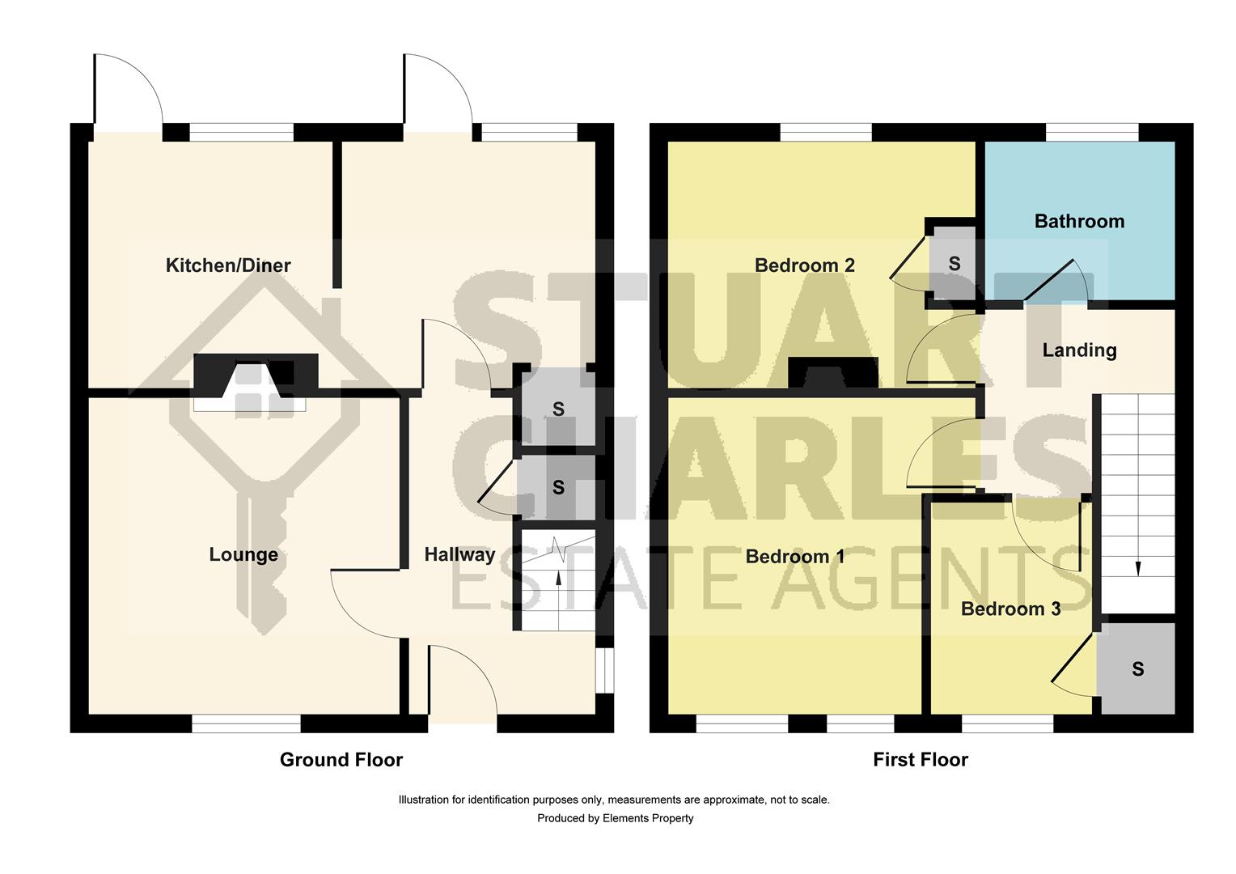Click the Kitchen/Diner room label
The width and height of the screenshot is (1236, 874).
(x=227, y=265)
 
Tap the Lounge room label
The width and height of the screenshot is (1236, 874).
(x=243, y=554)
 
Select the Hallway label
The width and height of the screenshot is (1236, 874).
(x=459, y=554)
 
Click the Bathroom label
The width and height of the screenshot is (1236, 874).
(x=1079, y=221)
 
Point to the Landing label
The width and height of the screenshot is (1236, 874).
(x=1079, y=350)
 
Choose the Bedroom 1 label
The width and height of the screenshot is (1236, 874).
(x=794, y=557)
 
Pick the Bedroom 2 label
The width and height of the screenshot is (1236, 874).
(x=804, y=265)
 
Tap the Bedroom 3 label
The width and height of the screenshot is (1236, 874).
(x=1010, y=609)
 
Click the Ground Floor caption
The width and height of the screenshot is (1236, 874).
(x=341, y=759)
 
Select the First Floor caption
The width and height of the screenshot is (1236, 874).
(x=920, y=759)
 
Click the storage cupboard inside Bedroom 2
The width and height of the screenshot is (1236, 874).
(x=954, y=264)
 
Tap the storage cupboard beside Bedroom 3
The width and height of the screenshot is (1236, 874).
(x=1137, y=668)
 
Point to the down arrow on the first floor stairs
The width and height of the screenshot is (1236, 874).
(x=1138, y=568)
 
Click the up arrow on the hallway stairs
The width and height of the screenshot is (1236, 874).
(x=557, y=576)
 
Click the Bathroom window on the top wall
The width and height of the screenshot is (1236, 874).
(x=1092, y=132)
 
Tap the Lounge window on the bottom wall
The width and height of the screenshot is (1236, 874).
(x=246, y=723)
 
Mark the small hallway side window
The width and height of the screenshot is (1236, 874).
(x=604, y=669)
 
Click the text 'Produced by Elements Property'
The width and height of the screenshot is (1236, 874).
(x=615, y=818)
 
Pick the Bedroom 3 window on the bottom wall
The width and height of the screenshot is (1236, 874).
(x=1008, y=723)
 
